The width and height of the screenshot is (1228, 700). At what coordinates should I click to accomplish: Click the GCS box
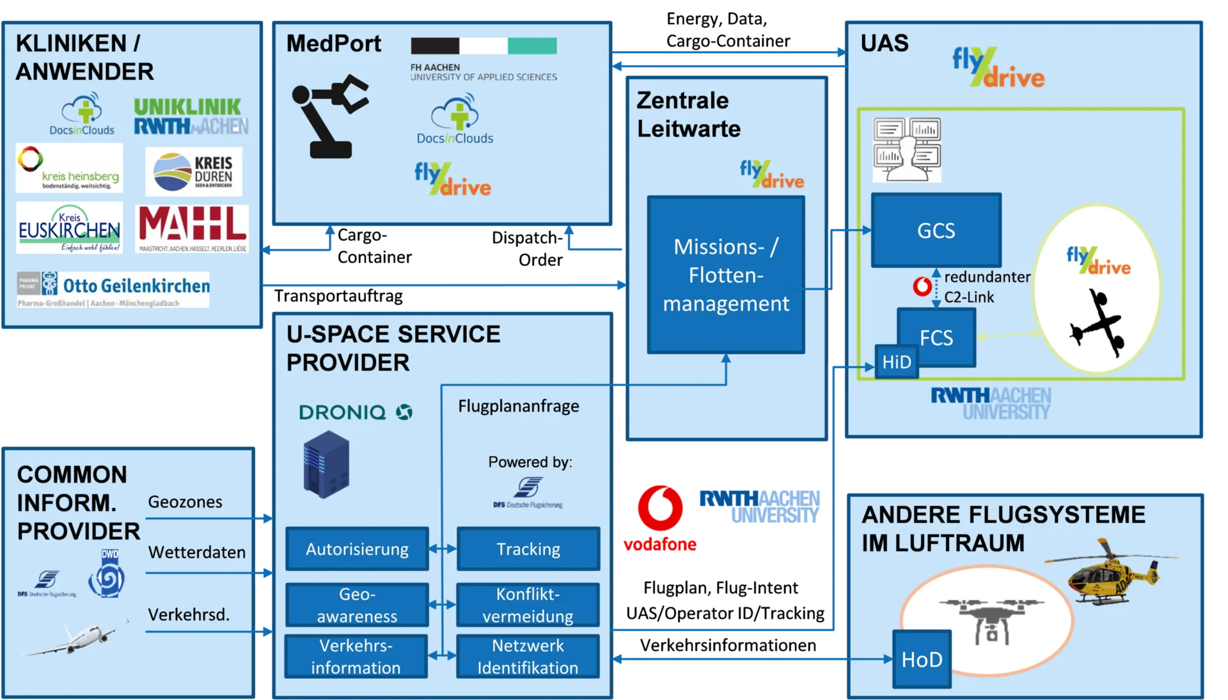click(x=936, y=230)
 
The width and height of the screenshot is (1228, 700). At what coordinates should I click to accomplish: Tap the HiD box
click(x=896, y=362)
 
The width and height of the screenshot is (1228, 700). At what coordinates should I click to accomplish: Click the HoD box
click(x=922, y=659)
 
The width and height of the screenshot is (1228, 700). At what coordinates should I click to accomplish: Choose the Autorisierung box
click(x=357, y=549)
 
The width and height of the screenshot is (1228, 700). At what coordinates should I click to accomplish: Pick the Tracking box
click(x=528, y=549)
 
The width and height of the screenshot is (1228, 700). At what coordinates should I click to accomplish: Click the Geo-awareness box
click(x=357, y=605)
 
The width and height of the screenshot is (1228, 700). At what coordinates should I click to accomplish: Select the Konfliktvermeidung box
click(x=528, y=605)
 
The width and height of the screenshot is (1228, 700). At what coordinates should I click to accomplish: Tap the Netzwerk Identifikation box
click(x=528, y=657)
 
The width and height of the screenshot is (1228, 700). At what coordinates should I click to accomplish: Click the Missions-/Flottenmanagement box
click(x=726, y=275)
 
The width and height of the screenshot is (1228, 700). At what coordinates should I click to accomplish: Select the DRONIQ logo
click(x=356, y=412)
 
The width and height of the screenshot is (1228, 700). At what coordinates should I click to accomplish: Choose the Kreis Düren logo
click(x=193, y=172)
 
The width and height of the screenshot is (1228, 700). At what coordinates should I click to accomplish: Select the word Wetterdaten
click(x=197, y=552)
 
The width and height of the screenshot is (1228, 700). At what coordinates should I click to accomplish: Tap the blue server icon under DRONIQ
click(x=326, y=465)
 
